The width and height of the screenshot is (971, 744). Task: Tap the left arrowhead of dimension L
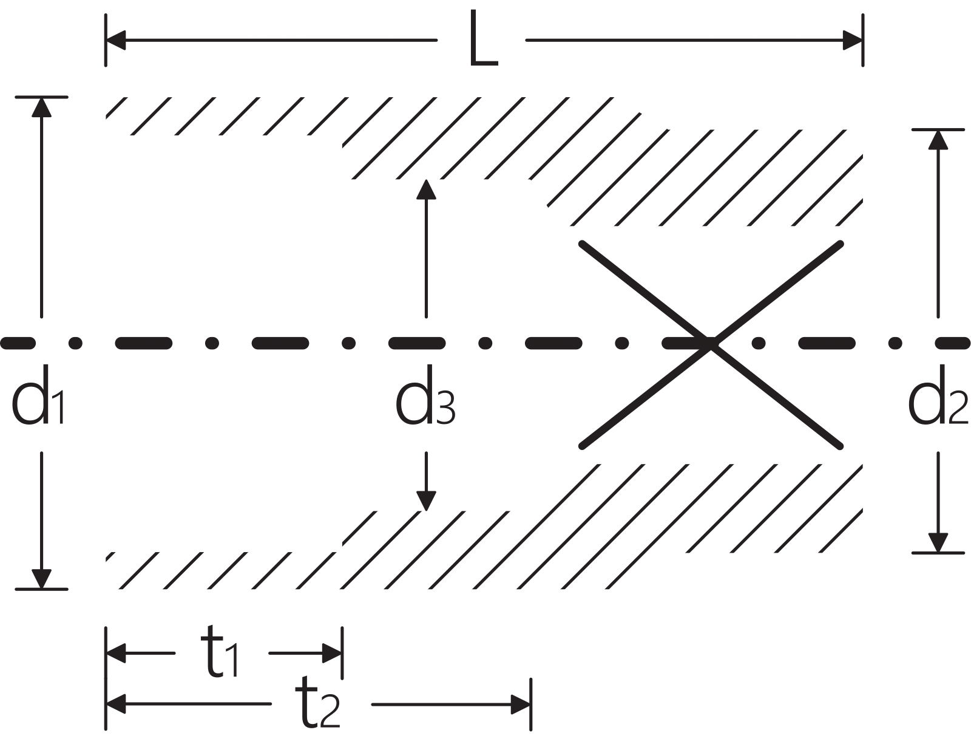pyautogui.click(x=116, y=41)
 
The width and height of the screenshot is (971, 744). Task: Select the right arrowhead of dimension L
pyautogui.click(x=852, y=41)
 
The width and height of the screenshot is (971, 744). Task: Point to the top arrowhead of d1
pyautogui.click(x=41, y=107)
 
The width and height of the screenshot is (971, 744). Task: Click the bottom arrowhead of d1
pyautogui.click(x=41, y=579)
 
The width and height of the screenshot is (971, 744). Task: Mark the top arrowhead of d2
pyautogui.click(x=938, y=140)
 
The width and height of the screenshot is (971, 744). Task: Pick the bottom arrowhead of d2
pyautogui.click(x=938, y=542)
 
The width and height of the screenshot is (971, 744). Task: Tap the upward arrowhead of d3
pyautogui.click(x=426, y=189)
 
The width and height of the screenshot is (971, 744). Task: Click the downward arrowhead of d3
pyautogui.click(x=426, y=500)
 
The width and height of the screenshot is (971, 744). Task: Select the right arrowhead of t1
pyautogui.click(x=332, y=654)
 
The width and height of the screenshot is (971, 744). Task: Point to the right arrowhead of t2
pyautogui.click(x=521, y=705)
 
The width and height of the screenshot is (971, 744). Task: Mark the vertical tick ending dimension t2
pyautogui.click(x=531, y=705)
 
